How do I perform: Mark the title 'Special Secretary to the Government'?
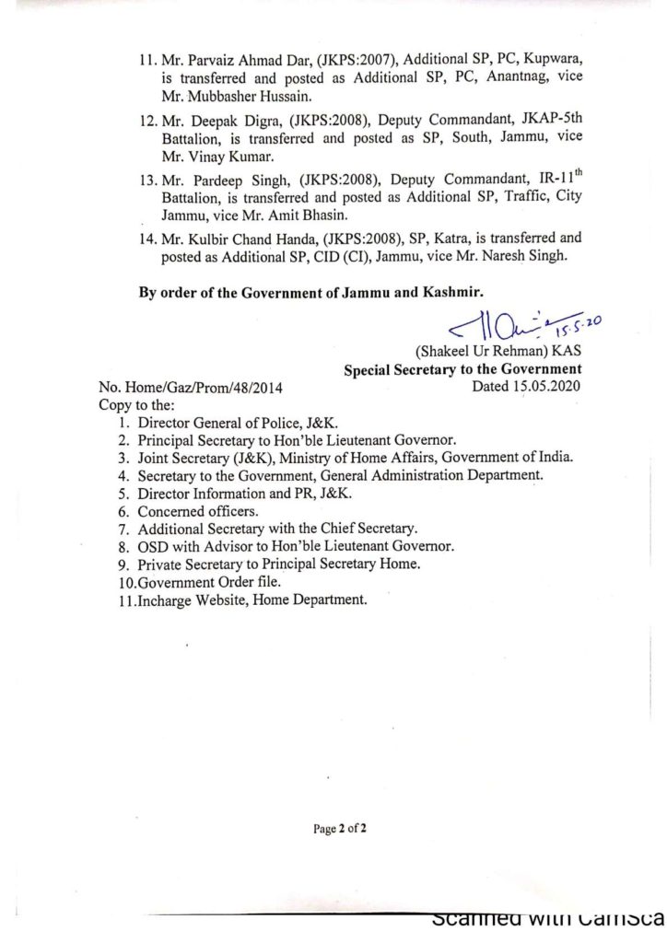463,370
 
